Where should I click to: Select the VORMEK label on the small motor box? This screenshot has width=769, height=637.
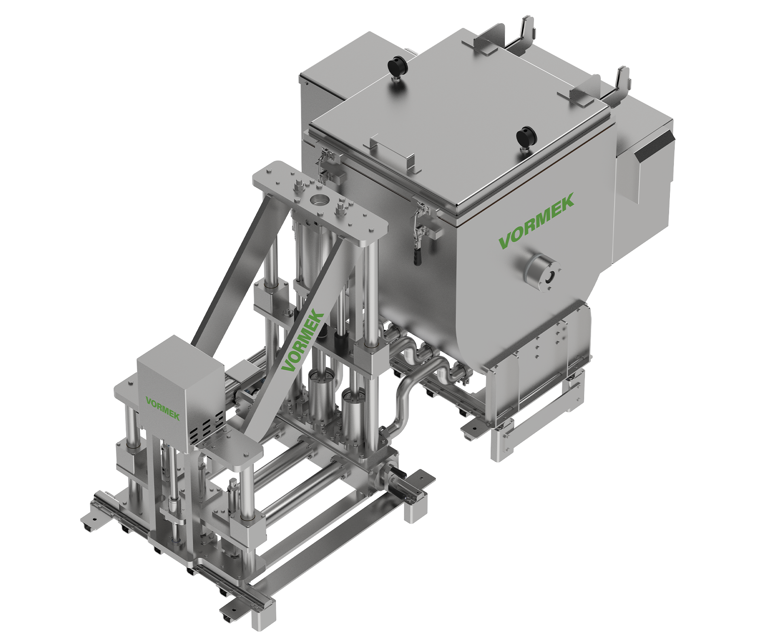163,408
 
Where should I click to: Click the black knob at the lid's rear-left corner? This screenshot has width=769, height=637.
393,66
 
